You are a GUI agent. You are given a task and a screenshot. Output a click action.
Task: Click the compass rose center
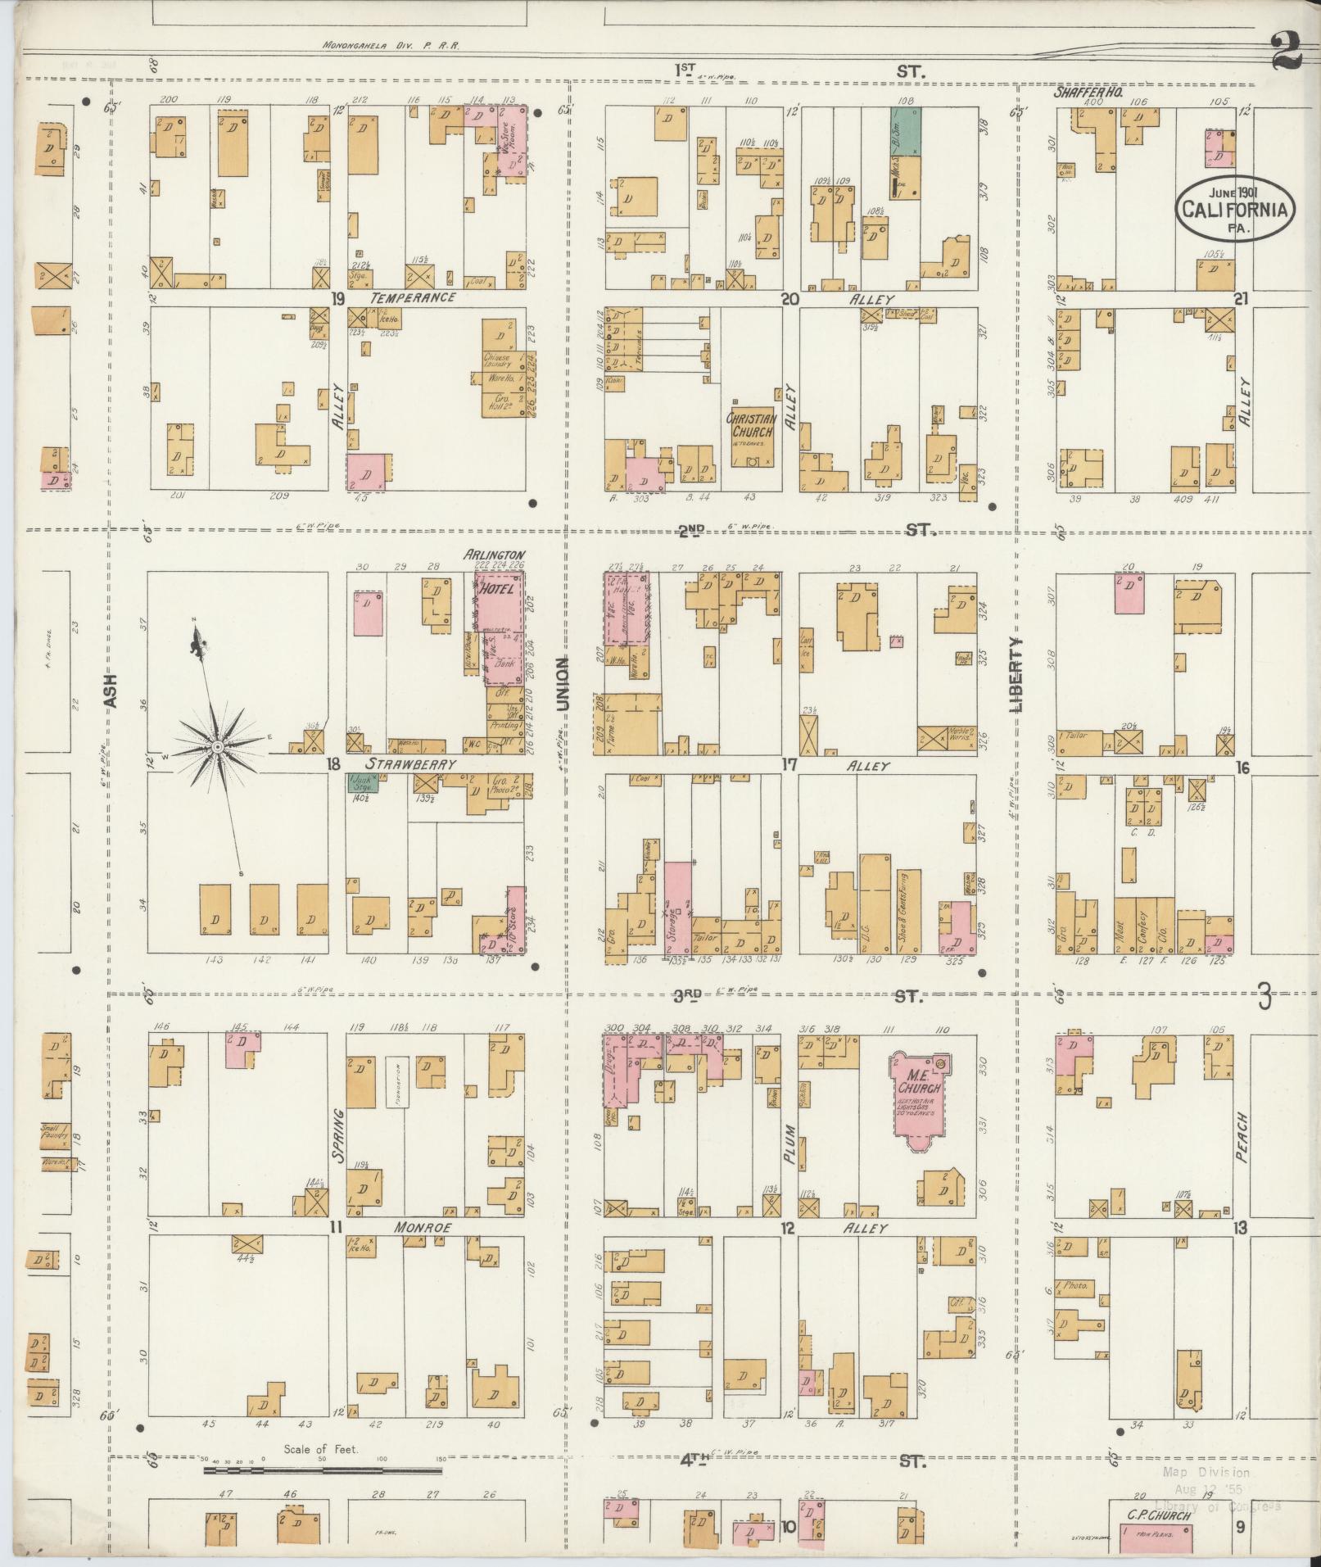click(x=217, y=748)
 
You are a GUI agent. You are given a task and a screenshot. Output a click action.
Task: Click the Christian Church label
click(x=752, y=424)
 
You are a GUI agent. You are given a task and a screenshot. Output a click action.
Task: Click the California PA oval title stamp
click(x=1237, y=209)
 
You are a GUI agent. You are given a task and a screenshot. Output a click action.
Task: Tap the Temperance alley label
click(x=413, y=297)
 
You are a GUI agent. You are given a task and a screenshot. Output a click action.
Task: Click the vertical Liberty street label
click(x=1018, y=674)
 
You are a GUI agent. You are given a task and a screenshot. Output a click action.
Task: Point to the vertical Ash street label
click(x=111, y=690)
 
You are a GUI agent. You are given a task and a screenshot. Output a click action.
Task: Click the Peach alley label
click(x=1242, y=1130)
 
